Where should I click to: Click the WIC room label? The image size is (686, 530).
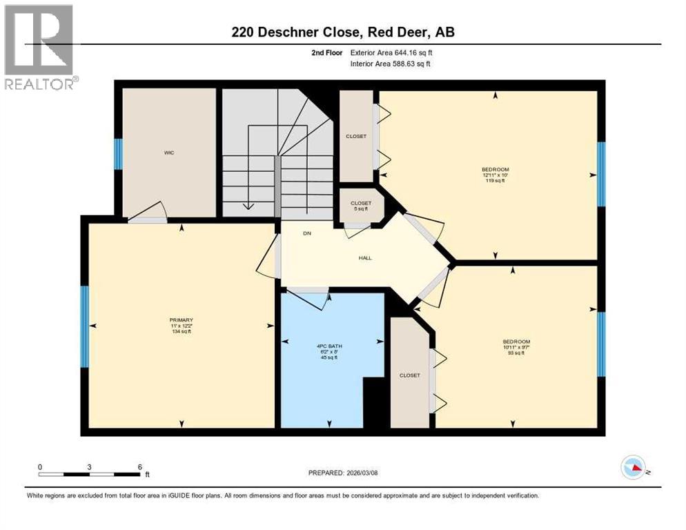coord(169,153)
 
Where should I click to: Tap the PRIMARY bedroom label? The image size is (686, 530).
coord(182,320)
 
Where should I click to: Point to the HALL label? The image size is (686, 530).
coord(365,258)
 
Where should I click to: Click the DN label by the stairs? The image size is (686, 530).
coord(307,233)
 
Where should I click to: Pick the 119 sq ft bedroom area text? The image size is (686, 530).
coord(495,181)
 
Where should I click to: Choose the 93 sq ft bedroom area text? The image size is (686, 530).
coord(516,353)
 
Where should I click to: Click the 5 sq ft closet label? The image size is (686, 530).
coord(361,209)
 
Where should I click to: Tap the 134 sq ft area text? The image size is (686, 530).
coord(182,331)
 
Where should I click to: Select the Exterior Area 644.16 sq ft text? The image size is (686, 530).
coord(392,52)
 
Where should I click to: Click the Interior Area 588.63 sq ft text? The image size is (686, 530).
coord(391,64)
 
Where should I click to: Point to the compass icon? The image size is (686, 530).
coord(634,467)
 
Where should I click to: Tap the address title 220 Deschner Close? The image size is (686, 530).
coord(342,32)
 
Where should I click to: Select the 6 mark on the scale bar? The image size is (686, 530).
coord(140,467)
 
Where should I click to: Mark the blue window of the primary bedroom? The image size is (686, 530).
coord(85,326)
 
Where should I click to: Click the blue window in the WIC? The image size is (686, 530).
coord(118,154)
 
